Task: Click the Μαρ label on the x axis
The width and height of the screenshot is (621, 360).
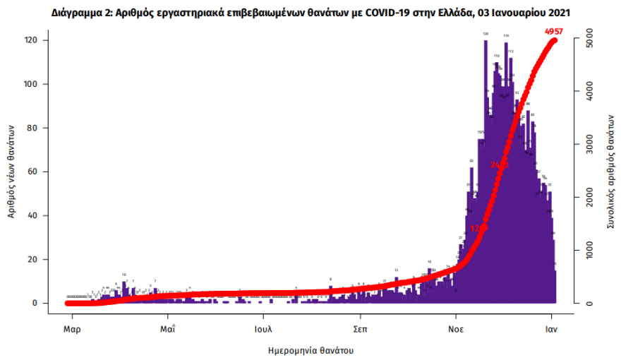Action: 68,328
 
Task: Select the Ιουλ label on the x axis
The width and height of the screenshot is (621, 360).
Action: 263,328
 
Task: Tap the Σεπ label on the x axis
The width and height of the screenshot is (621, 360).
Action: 360,328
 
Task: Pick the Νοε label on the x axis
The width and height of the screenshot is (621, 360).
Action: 456,328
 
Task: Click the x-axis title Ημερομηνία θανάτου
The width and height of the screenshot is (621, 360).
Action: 310,349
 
